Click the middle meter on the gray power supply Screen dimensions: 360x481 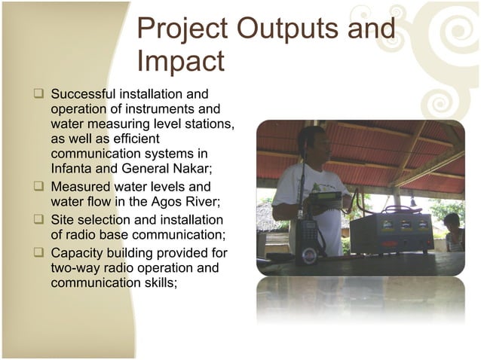point(405,224)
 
